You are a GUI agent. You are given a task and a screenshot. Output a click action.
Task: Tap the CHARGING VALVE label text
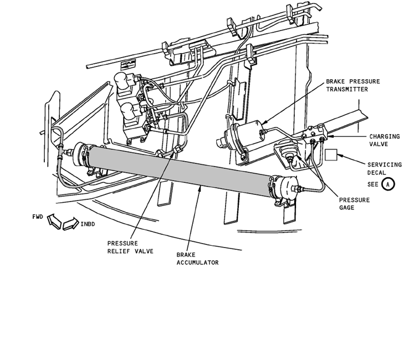pyautogui.click(x=383, y=140)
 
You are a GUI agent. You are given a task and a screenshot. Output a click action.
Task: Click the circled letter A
pyautogui.click(x=389, y=184)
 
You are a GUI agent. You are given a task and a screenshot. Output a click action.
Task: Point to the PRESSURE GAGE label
pyautogui.click(x=354, y=204)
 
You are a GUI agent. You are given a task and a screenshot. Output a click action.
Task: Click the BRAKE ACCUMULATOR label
pyautogui.click(x=197, y=258)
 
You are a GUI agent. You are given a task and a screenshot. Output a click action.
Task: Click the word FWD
pyautogui.click(x=38, y=216)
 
